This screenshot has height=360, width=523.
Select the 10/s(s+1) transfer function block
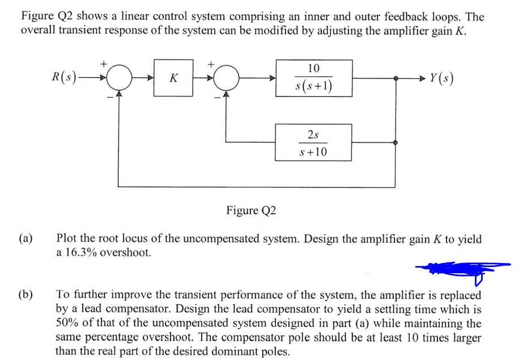314,78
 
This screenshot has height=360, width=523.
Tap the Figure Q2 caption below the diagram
251,210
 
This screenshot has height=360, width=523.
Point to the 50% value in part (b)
67,323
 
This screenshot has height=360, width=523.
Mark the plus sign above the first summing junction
104,64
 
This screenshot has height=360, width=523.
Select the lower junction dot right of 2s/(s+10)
396,143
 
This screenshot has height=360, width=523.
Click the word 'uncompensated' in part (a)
220,239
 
